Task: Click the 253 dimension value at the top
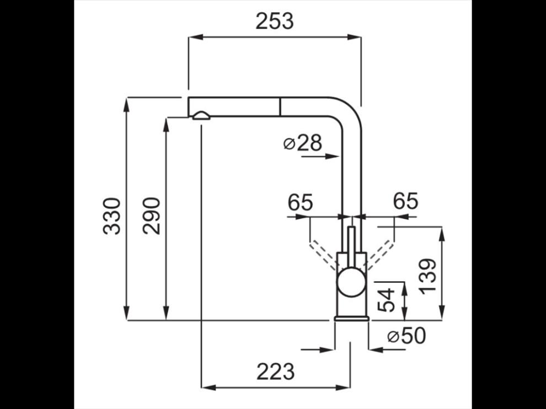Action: pyautogui.click(x=275, y=21)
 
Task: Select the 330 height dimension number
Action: pyautogui.click(x=112, y=216)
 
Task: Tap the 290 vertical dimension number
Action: pyautogui.click(x=152, y=216)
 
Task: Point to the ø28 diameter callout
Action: pyautogui.click(x=303, y=143)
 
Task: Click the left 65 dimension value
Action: pyautogui.click(x=301, y=202)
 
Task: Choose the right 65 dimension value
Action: pyautogui.click(x=406, y=201)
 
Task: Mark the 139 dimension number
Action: pyautogui.click(x=427, y=276)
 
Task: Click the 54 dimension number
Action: pyautogui.click(x=387, y=299)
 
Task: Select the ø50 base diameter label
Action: pyautogui.click(x=406, y=336)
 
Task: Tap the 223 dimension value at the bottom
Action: pyautogui.click(x=275, y=372)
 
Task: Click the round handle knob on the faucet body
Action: pyautogui.click(x=351, y=282)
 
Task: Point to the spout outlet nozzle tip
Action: pyautogui.click(x=201, y=116)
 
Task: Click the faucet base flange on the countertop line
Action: pyautogui.click(x=351, y=318)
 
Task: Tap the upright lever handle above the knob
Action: pyautogui.click(x=352, y=247)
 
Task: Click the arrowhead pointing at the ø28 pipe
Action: pyautogui.click(x=332, y=157)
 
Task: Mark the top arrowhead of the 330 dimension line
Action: pyautogui.click(x=127, y=104)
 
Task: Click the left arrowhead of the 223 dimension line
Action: pyautogui.click(x=208, y=388)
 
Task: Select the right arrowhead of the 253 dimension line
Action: pyautogui.click(x=354, y=37)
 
